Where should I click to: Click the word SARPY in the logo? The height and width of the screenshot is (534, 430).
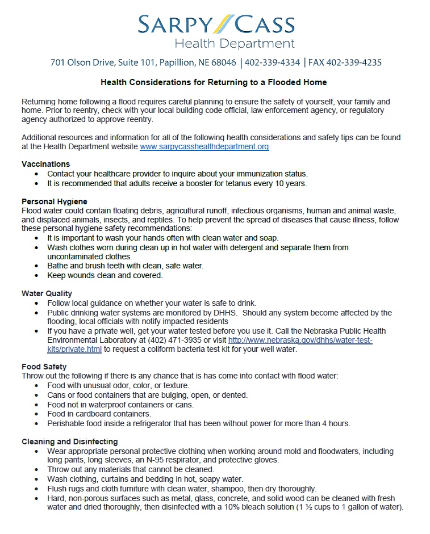[174, 24]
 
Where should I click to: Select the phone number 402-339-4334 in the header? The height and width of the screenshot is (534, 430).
[273, 62]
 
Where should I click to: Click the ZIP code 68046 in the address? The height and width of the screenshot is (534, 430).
[223, 62]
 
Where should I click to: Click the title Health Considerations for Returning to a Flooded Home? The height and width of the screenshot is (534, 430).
[214, 82]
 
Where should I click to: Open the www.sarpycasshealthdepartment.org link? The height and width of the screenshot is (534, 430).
[204, 146]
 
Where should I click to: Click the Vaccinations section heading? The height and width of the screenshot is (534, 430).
[45, 164]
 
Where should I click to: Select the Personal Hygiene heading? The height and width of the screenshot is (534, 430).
[55, 201]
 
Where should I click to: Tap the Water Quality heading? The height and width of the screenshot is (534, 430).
[47, 293]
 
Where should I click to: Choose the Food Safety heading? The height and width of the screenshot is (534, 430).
[44, 367]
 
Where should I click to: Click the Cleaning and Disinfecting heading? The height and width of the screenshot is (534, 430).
[69, 442]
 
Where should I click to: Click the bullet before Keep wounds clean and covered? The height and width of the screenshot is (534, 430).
[37, 275]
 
